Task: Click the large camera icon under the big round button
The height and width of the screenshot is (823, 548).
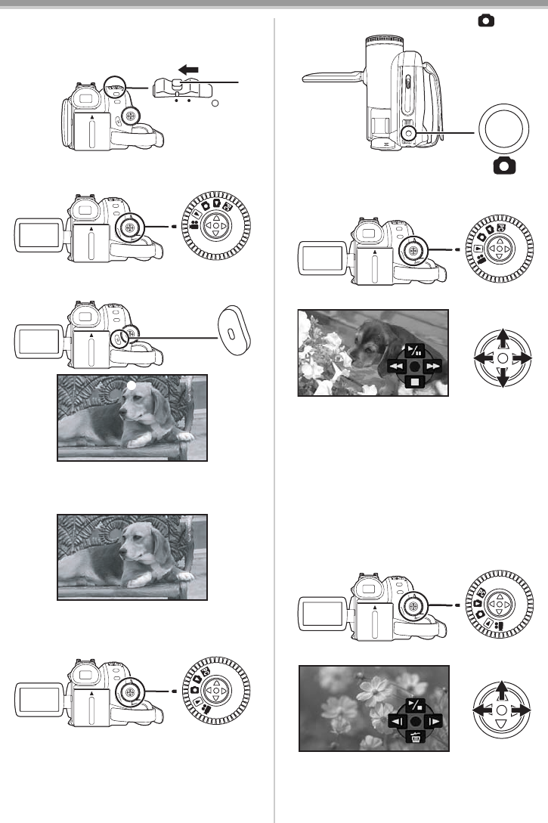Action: (x=500, y=166)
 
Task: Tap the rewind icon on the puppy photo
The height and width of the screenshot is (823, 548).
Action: (x=395, y=365)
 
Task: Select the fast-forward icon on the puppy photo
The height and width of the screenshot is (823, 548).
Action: (x=433, y=365)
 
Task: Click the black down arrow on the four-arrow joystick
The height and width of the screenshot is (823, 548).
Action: (x=501, y=379)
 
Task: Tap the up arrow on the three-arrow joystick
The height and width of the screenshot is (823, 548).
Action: (x=501, y=690)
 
